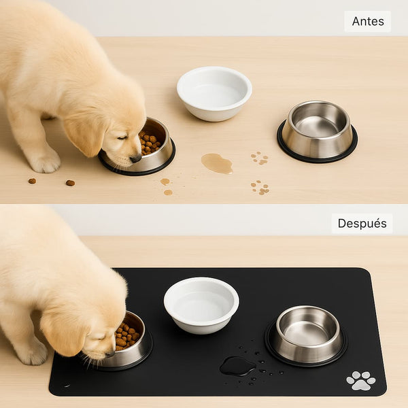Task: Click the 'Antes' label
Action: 367,21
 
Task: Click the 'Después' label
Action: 362,224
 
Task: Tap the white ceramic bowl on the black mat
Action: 201,303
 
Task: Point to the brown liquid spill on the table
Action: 216,163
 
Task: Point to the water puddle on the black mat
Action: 237,366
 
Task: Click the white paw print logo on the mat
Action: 360,381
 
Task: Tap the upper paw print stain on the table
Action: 259,158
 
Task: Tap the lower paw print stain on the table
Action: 259,187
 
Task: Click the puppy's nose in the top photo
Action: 136,158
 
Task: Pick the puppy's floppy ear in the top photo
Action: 85,135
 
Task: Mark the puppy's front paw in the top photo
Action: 45,162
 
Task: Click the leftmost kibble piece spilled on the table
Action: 32,181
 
